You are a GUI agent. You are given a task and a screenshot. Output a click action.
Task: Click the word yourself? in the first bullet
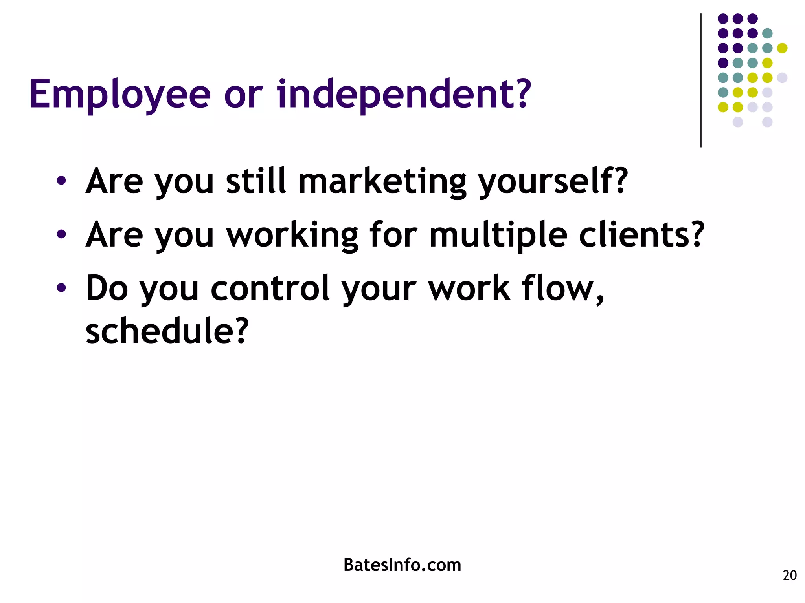(x=553, y=181)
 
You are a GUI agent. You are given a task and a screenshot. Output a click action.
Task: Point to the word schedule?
(x=167, y=331)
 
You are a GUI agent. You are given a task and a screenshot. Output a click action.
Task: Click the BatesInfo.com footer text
(x=402, y=565)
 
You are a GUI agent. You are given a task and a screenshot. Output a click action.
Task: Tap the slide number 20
(x=790, y=576)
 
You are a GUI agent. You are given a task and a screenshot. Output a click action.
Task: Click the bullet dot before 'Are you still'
(x=61, y=181)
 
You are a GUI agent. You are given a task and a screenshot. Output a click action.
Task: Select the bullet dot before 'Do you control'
(x=61, y=288)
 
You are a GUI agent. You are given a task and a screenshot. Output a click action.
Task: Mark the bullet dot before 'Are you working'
(x=61, y=234)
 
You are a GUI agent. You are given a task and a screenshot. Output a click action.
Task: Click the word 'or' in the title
(x=243, y=95)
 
